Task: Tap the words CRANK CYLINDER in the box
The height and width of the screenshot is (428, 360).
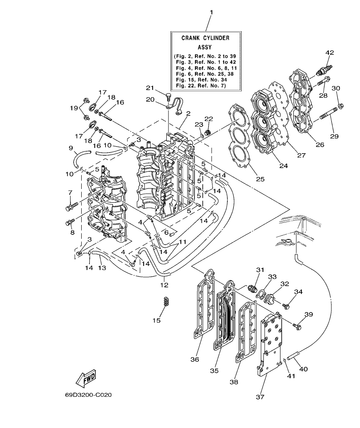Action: pos(205,38)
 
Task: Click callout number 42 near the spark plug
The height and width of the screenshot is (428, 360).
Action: pos(329,53)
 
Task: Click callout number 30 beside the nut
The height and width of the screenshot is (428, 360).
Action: pos(336,88)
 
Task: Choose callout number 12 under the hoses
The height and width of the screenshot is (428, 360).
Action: pos(164,284)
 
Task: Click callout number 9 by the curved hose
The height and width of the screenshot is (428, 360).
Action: pos(71,148)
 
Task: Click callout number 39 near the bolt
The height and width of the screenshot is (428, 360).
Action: pos(309,314)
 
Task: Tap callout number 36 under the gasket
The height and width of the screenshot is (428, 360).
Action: pos(195,360)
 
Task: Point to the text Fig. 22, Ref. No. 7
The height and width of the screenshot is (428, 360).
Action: pos(205,86)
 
